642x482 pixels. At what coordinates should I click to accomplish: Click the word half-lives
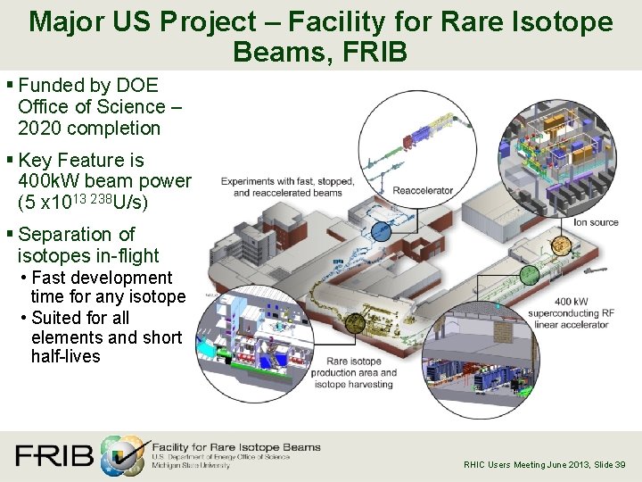coord(66,356)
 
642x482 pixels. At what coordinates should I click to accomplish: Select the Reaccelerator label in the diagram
coord(424,190)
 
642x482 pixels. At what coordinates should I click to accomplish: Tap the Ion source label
coord(597,222)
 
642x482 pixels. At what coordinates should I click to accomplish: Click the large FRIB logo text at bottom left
coord(53,456)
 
